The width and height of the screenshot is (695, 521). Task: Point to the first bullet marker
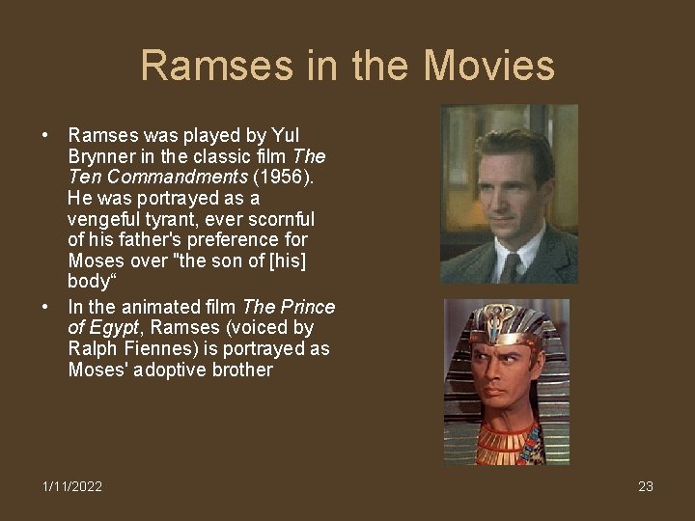45,134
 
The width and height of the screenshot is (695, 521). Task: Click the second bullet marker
45,307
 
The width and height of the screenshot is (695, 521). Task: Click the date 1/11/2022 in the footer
72,486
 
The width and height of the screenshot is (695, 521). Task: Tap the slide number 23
646,486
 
